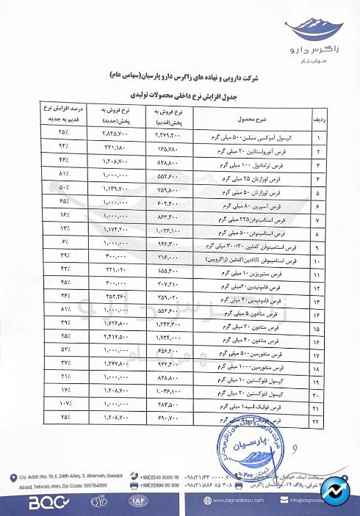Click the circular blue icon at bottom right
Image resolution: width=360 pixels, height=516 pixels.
pyautogui.click(x=339, y=493)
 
